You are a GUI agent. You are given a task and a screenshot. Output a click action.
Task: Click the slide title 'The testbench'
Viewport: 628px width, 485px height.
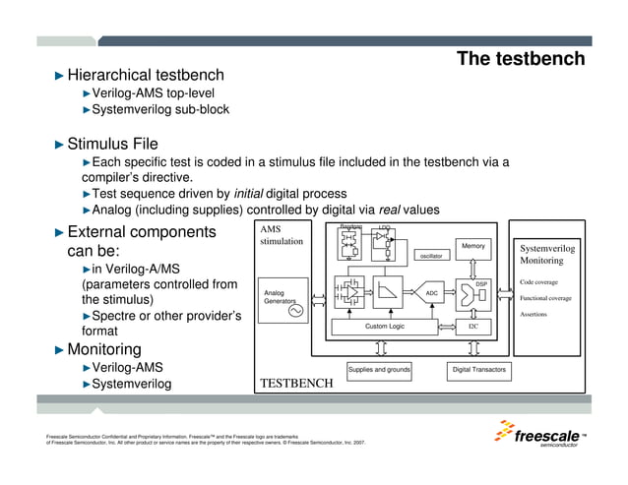click(521, 59)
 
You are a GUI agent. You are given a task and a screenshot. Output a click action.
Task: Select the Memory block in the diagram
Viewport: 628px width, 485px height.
click(473, 245)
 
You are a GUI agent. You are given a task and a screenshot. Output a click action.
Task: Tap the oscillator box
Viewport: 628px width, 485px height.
click(431, 256)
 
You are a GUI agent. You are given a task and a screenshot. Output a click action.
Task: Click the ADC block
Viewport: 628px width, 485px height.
click(431, 293)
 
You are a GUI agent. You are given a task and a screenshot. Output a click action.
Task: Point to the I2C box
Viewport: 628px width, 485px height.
click(473, 326)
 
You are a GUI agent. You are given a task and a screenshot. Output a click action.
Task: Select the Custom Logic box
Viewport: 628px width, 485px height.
click(385, 326)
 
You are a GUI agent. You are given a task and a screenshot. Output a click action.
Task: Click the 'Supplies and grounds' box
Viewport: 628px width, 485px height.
click(379, 370)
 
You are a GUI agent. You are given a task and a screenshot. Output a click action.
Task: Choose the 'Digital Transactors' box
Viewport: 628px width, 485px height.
click(478, 370)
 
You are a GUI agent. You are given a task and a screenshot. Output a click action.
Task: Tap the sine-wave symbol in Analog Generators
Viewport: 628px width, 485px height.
click(293, 312)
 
